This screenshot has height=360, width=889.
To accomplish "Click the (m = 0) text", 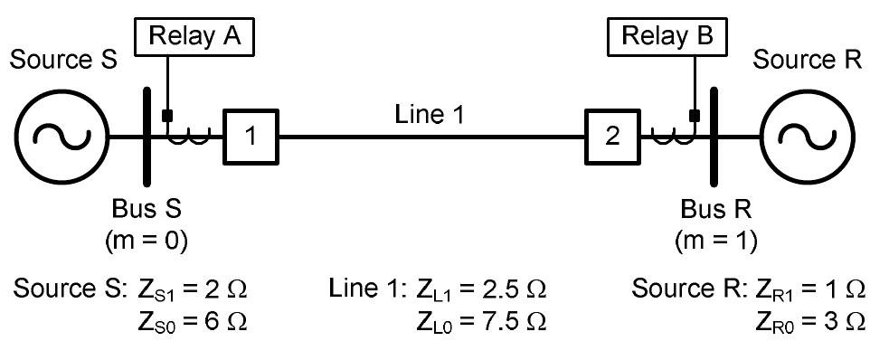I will click(x=147, y=242).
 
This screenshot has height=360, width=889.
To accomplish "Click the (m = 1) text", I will click(x=716, y=242).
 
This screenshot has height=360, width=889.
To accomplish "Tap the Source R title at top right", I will click(x=808, y=61).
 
